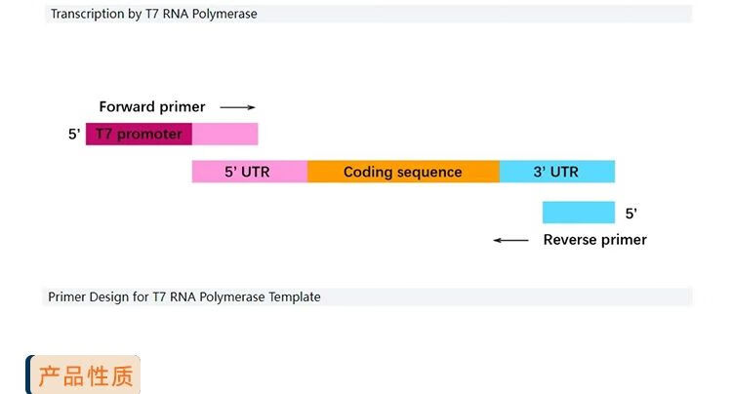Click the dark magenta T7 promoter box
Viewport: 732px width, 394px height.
[x=139, y=134]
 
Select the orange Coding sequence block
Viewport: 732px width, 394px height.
[x=403, y=172]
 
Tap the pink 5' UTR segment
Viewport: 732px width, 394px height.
[x=250, y=172]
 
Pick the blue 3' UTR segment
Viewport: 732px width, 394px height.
[x=557, y=172]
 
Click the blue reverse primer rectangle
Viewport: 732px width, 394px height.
[x=579, y=213]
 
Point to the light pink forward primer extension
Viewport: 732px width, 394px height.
[x=225, y=134]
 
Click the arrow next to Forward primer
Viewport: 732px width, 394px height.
[x=237, y=107]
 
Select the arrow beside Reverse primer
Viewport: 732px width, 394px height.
[x=510, y=240]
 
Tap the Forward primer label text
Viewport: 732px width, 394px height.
[x=152, y=106]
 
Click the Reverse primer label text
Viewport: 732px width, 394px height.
[x=594, y=240]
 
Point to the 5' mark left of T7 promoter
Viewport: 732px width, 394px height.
[x=74, y=135]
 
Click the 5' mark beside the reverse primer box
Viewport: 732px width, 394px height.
[x=631, y=214]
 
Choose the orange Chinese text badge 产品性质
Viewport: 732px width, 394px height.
[x=85, y=375]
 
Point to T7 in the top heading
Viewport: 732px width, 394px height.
[x=152, y=14]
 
